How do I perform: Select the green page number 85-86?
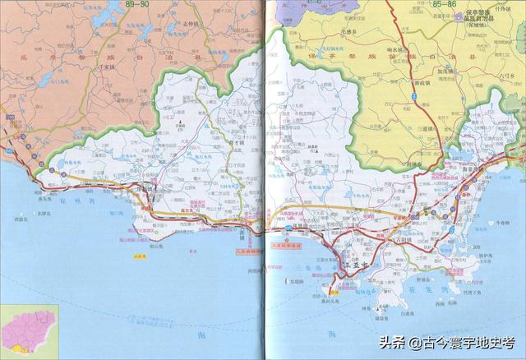444,4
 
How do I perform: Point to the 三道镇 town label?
431,130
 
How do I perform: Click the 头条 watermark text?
391,341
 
